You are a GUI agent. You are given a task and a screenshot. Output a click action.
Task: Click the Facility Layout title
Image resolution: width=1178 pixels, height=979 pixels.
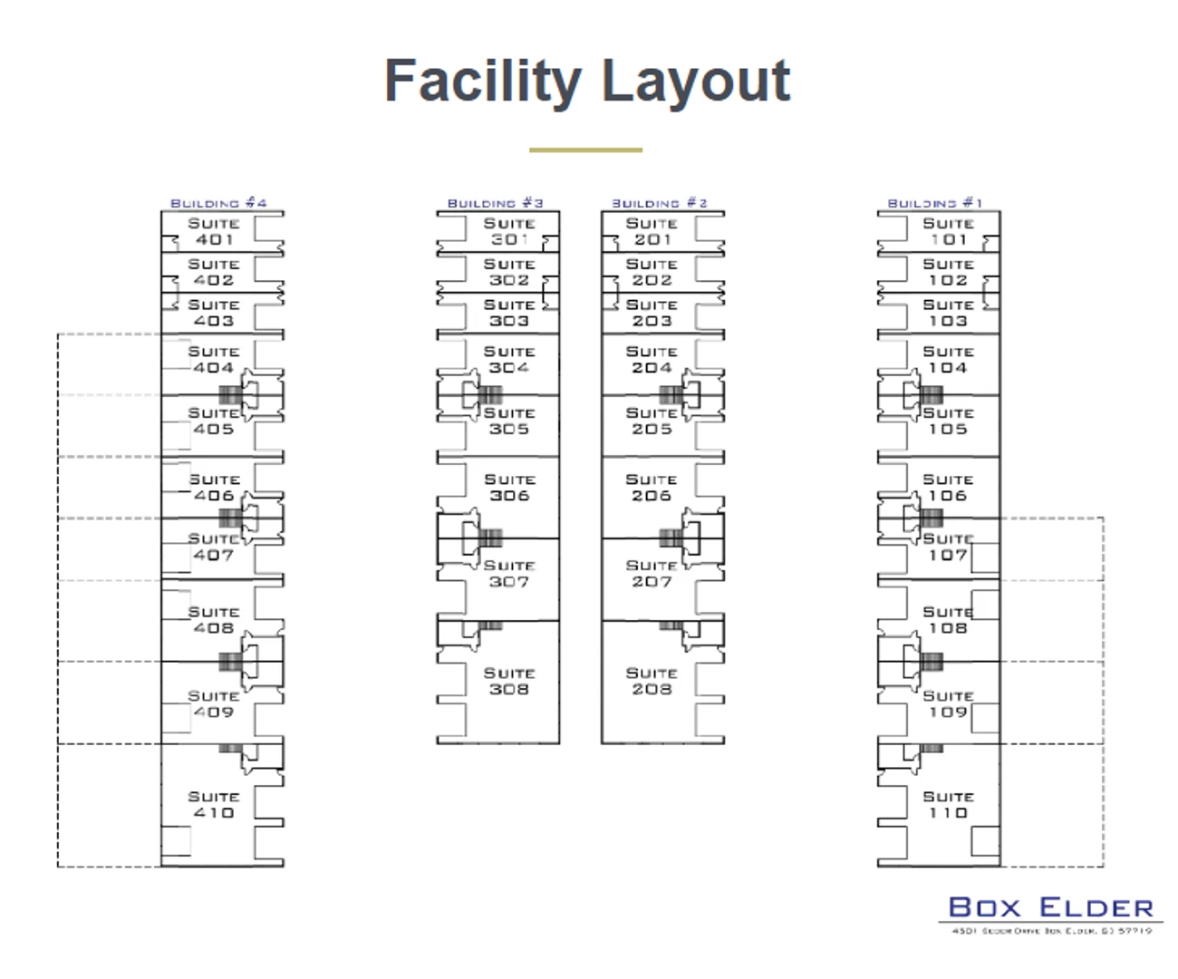point(587,82)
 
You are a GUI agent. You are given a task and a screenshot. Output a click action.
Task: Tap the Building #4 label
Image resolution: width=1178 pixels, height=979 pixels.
point(218,203)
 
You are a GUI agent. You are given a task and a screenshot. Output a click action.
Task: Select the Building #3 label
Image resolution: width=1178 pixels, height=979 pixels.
point(495,203)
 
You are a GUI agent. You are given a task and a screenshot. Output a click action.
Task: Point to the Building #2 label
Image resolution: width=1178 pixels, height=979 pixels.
point(659,203)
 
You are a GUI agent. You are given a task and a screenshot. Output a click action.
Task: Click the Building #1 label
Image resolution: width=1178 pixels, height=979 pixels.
point(934,203)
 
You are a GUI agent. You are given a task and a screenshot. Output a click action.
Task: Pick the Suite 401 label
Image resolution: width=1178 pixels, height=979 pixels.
point(214,232)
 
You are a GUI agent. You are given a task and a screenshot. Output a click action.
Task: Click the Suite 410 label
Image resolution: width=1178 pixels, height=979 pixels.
point(214,805)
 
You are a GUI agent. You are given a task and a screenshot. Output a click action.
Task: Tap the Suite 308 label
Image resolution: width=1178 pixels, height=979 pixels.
point(509,682)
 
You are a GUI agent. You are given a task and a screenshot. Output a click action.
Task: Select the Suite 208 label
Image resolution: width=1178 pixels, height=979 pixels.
point(652,682)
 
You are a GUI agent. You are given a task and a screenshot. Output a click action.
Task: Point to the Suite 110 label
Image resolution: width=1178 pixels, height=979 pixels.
point(948,805)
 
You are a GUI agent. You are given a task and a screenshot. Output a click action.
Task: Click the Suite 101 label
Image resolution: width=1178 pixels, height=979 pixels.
point(948,232)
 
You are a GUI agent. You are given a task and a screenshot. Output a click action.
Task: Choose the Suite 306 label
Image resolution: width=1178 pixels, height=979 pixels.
point(509,488)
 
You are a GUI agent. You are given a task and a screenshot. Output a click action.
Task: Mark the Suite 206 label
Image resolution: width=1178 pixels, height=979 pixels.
point(652,488)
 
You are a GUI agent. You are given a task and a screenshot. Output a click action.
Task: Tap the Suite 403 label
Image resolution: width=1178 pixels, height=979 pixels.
point(214,314)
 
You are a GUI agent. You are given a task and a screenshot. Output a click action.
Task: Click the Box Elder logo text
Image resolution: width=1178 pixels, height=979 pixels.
point(1050,907)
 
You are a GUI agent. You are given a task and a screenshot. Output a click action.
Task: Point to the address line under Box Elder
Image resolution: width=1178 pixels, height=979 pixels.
point(1050,931)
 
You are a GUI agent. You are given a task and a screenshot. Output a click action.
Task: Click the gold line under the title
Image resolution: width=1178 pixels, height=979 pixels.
point(585,150)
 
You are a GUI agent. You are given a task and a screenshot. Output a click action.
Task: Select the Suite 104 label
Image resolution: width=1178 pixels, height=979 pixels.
point(948,360)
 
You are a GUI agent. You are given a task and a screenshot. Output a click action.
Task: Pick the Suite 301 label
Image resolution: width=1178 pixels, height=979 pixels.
point(509,232)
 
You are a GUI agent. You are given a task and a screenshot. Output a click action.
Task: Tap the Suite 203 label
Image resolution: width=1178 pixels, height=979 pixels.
point(652,314)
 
